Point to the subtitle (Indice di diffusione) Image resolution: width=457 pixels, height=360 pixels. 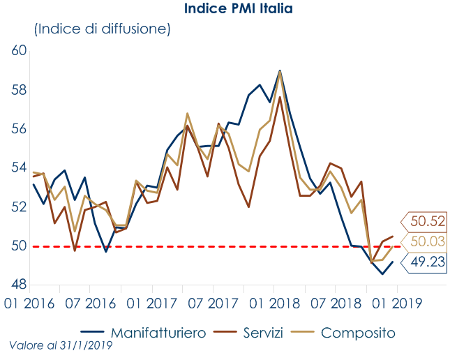click(102, 29)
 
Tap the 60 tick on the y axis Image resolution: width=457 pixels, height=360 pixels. click(19, 51)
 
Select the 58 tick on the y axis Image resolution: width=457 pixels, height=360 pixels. click(19, 90)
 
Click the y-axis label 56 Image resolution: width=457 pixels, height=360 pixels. click(19, 129)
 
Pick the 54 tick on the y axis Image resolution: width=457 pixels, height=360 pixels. click(19, 168)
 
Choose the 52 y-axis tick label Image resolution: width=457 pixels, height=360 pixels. click(19, 207)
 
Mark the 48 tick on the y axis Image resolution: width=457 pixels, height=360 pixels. click(19, 285)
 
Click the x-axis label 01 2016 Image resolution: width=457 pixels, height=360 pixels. click(30, 304)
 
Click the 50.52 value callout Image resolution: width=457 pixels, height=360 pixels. click(427, 223)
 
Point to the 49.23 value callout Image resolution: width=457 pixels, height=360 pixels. click(427, 263)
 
